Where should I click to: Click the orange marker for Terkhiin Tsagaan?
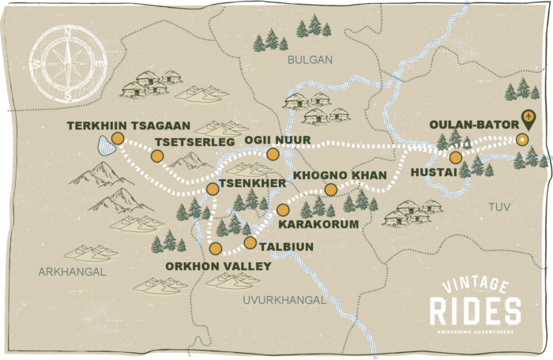coord(117,138)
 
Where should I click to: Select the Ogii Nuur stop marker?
coord(273,154)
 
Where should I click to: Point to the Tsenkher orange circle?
coord(212,189)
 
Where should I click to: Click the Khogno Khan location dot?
coord(330,189)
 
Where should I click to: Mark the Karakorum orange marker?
coord(283,209)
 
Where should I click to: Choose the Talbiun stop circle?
coord(250,242)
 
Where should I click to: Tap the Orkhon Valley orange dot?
coord(216,249)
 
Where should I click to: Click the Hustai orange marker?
coord(455,157)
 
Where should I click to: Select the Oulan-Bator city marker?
coord(521,141)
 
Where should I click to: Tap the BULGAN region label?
coord(309,59)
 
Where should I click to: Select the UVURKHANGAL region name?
coord(285,301)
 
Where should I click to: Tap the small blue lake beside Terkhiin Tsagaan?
coord(103,144)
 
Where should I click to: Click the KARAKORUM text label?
coord(314,224)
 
